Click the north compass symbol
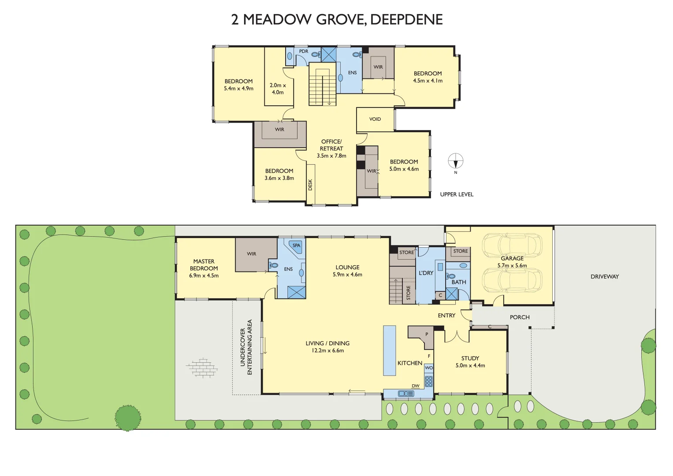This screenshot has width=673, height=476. tap(456, 161)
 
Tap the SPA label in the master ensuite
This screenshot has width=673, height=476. tap(297, 245)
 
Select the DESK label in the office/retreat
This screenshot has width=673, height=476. tap(310, 184)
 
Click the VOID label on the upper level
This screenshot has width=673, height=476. tap(375, 119)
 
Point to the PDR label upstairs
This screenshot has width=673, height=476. tap(304, 52)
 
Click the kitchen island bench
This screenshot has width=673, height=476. tap(389, 350)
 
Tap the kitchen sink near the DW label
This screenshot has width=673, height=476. tap(405, 393)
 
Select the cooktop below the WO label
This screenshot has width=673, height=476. tap(429, 381)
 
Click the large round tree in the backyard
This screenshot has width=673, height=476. tap(128, 417)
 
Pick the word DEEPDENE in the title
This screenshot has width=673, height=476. tap(406, 19)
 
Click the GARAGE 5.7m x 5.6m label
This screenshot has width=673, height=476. tap(512, 262)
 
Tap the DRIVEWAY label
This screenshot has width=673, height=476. tap(605, 277)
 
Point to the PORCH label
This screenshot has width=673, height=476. tap(520, 317)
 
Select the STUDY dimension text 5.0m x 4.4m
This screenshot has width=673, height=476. tap(470, 365)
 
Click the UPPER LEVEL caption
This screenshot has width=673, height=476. tap(457, 194)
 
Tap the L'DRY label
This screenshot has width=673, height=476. tap(426, 273)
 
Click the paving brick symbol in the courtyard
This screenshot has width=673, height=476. tap(202, 368)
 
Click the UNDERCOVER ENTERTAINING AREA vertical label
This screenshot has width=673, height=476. tap(246, 347)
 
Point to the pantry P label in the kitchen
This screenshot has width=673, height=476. tap(427, 335)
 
